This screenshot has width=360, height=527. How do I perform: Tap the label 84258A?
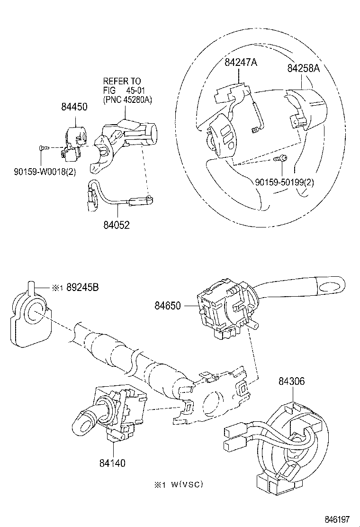304,68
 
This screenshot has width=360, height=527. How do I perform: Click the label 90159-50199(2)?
284,182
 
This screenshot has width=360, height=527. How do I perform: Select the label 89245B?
82,287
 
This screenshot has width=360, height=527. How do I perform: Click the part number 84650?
167,306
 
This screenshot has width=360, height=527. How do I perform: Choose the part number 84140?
112,463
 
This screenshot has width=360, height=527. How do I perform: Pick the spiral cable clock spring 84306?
284,441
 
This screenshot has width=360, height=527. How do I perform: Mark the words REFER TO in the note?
122,82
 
